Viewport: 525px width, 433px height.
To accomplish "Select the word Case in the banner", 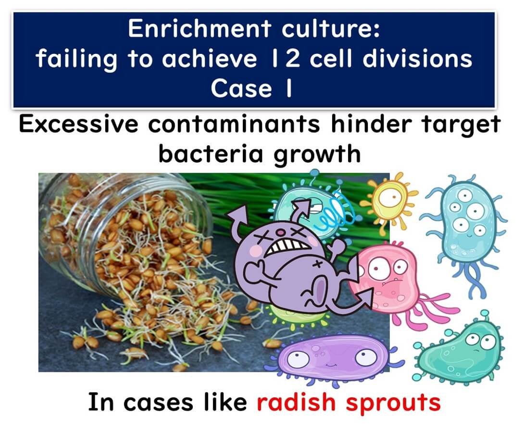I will [241, 89].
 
